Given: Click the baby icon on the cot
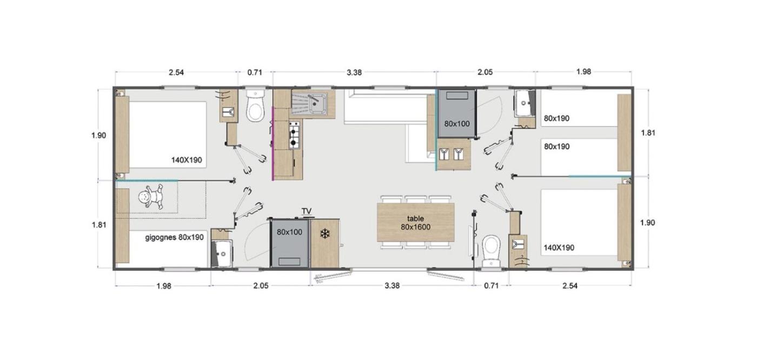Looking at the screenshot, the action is click(x=151, y=196).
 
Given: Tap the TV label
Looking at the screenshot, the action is click(x=307, y=211).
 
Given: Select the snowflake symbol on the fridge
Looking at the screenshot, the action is click(x=325, y=234).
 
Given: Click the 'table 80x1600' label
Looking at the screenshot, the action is click(x=416, y=223).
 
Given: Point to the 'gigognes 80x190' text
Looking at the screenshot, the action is click(x=174, y=237).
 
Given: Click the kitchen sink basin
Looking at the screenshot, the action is click(x=317, y=103).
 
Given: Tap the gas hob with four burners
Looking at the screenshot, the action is click(x=294, y=135).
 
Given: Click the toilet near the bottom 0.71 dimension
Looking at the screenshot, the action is click(x=491, y=251).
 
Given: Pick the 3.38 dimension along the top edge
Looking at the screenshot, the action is click(x=354, y=72).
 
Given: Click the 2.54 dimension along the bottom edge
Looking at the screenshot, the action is click(x=570, y=286).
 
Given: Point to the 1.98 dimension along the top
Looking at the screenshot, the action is click(x=583, y=71).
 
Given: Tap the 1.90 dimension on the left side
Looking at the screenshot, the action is click(x=98, y=136).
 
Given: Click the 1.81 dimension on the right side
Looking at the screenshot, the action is click(x=648, y=133).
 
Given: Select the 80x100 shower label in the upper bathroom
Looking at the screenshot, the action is click(x=457, y=124).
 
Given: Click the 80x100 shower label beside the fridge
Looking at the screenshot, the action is click(x=290, y=232).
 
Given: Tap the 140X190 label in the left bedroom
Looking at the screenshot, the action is click(x=187, y=160).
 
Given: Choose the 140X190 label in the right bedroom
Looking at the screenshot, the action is click(x=559, y=248).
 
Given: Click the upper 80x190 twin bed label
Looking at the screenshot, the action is click(x=556, y=118).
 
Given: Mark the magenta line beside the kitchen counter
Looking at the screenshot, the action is click(x=273, y=144).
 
